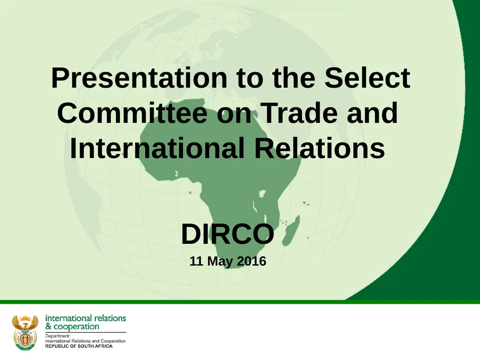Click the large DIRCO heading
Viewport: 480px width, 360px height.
[x=227, y=234]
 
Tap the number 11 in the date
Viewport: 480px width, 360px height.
[x=196, y=262]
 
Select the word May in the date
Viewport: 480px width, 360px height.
[x=219, y=262]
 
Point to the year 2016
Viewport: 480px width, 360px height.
[x=251, y=262]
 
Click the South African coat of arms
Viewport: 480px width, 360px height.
[x=25, y=331]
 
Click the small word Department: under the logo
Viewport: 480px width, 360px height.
[x=58, y=336]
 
